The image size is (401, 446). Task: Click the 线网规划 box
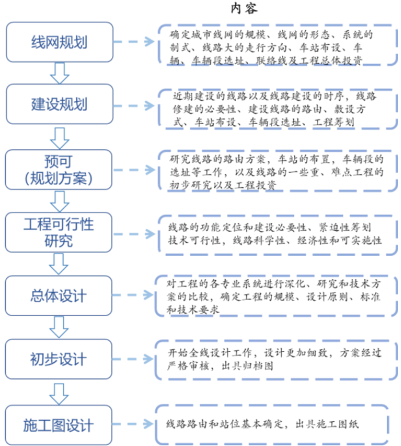pos(59,42)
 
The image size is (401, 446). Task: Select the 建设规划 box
pos(59,105)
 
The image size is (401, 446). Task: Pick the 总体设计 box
pos(59,296)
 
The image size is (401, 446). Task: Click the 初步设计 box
pos(59,360)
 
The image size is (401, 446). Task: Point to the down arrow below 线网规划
pos(59,73)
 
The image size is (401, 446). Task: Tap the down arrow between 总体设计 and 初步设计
pos(59,327)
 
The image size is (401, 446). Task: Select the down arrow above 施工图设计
pos(59,393)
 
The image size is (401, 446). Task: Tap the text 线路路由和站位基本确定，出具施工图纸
pos(264,424)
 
